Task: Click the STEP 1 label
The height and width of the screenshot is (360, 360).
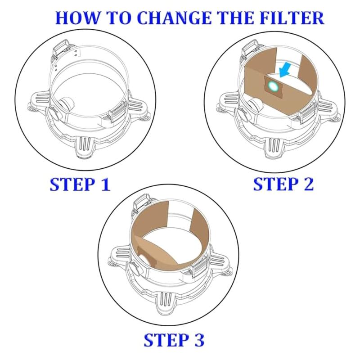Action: click(x=80, y=184)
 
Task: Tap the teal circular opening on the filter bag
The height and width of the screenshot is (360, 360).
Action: click(x=273, y=85)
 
